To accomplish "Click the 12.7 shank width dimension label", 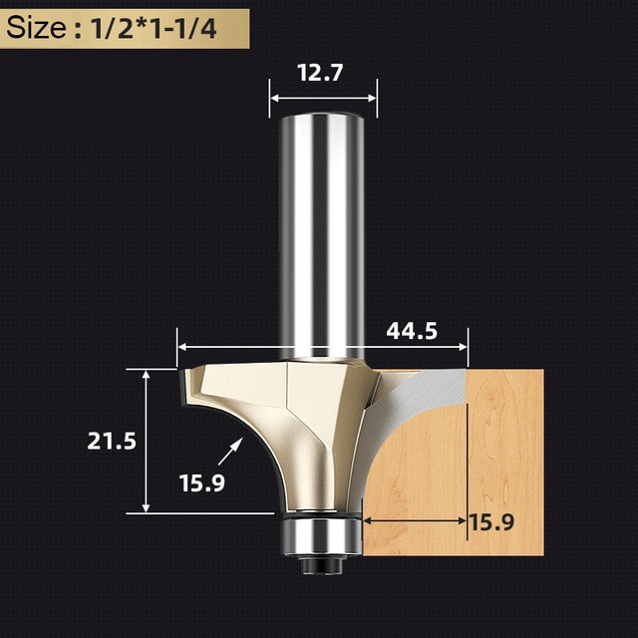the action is [x=320, y=73].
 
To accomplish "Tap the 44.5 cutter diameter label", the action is [x=412, y=331].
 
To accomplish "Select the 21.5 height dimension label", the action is [x=112, y=441].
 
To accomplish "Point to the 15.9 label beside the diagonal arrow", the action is [x=202, y=483].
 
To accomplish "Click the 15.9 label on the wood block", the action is [x=491, y=522].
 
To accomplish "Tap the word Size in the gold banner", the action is [x=36, y=28].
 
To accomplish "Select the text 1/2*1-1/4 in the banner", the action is [x=154, y=29].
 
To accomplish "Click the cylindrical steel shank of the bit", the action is [x=322, y=236].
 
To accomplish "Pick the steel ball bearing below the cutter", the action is [x=321, y=535].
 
